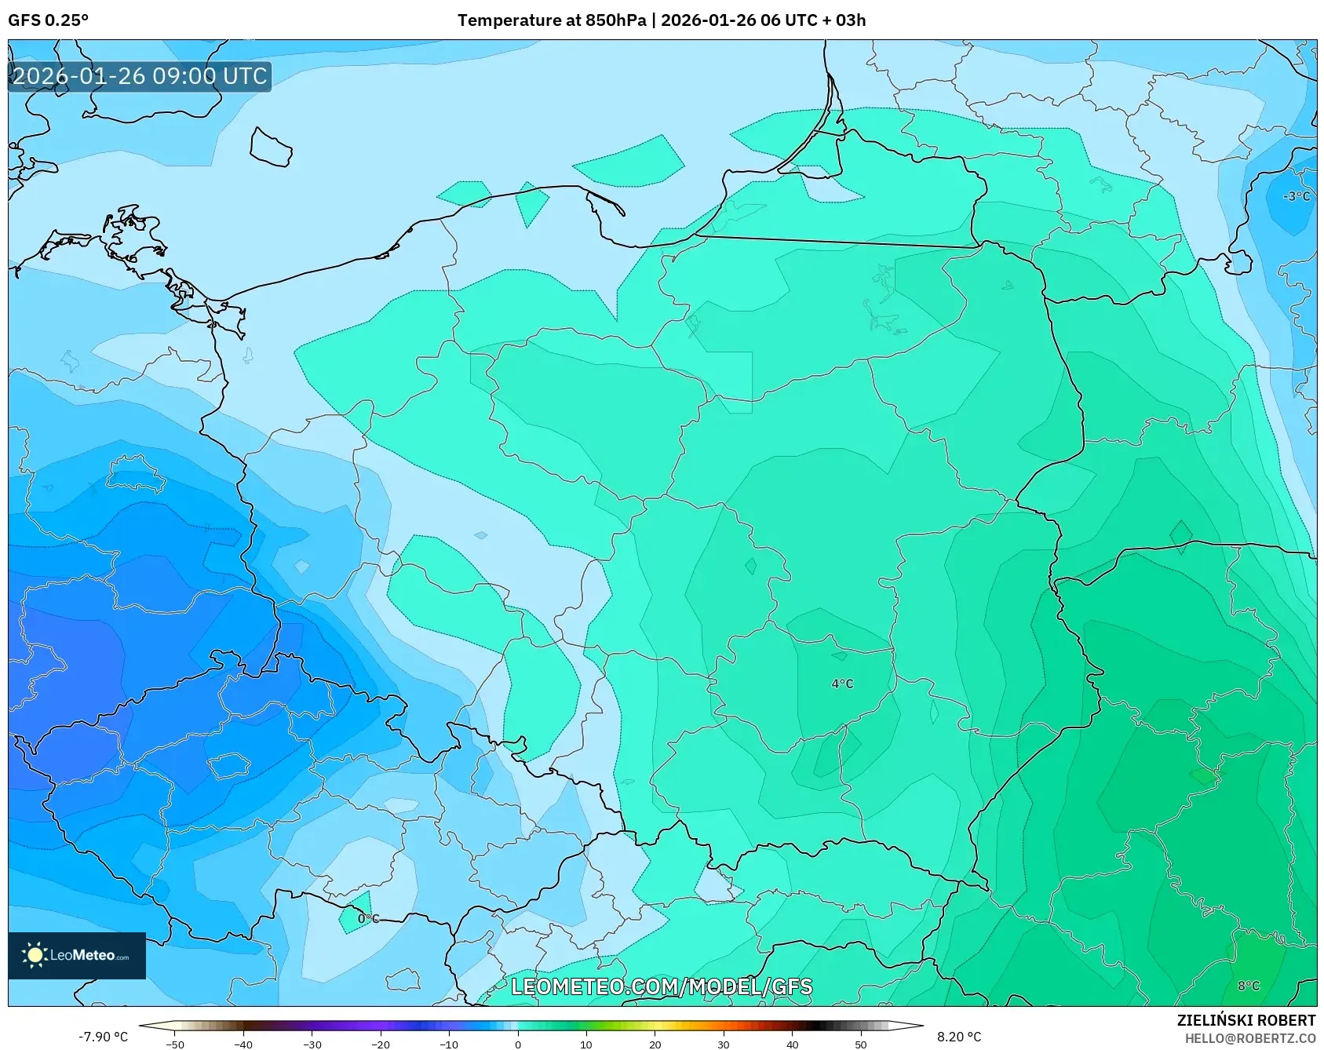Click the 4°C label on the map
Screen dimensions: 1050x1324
pos(842,684)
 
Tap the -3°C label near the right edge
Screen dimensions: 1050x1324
pos(1297,196)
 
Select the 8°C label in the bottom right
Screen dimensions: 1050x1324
pos(1249,986)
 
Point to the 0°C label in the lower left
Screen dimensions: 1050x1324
pos(368,918)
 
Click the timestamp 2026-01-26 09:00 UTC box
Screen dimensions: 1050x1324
pos(140,76)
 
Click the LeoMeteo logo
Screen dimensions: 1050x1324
pos(77,955)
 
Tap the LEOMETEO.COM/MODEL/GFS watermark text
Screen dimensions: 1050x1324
pos(662,986)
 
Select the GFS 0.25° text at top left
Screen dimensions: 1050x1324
pos(49,20)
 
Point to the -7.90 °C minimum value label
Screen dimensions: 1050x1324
pos(103,1037)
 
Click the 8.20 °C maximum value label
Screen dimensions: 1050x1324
pos(959,1037)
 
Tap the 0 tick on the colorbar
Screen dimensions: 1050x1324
pos(517,1044)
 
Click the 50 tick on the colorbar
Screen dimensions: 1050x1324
pos(861,1044)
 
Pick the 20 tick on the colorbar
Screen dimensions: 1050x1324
pos(655,1044)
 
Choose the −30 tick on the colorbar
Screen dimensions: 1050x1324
pos(312,1044)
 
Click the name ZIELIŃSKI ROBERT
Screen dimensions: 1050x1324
pos(1246,1020)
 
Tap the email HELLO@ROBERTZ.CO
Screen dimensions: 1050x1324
pos(1249,1038)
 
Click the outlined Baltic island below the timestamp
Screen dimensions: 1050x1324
pos(271,148)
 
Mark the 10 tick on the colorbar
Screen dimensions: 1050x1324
pos(586,1044)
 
